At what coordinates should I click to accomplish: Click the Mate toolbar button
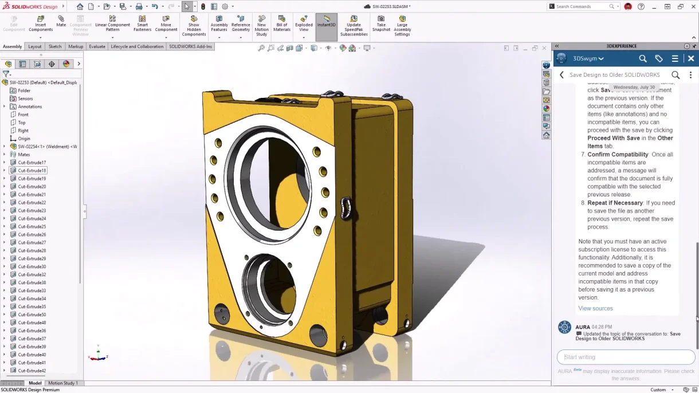(61, 21)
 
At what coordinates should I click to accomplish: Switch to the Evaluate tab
(97, 46)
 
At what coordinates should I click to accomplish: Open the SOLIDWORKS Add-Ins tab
(190, 46)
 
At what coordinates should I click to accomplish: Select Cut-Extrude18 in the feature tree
(32, 171)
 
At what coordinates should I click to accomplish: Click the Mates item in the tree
(24, 155)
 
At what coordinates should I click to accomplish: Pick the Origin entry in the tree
(24, 139)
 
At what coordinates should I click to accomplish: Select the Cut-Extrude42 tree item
(32, 371)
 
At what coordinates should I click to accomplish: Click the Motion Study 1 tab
(63, 383)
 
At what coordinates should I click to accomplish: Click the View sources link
(595, 308)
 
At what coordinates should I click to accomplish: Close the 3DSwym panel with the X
(691, 58)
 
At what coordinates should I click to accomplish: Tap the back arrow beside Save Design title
(561, 75)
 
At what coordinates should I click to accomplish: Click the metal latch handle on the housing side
(345, 208)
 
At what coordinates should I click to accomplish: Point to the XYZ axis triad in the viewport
(98, 356)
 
